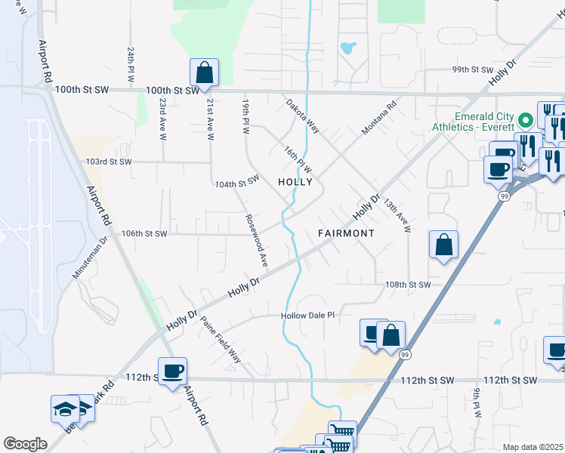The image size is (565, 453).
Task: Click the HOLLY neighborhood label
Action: click(x=295, y=182)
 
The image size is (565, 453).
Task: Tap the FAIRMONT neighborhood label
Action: click(x=346, y=233)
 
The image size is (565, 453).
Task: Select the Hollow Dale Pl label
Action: click(x=307, y=315)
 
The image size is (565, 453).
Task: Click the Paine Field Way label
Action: click(x=221, y=339)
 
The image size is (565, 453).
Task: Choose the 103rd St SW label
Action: click(x=108, y=162)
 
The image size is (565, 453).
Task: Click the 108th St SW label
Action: click(x=407, y=285)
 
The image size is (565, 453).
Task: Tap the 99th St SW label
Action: click(x=472, y=69)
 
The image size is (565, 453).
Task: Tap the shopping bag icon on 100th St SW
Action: click(x=204, y=72)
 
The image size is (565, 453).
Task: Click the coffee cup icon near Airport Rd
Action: click(x=172, y=371)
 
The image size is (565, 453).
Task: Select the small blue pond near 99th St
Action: click(x=347, y=48)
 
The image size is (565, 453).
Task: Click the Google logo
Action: click(x=25, y=444)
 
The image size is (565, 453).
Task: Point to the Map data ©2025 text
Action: click(x=533, y=447)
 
